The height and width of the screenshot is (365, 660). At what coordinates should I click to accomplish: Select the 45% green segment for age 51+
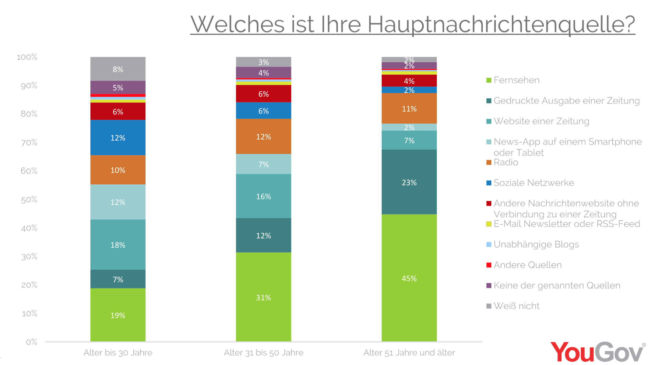(x=409, y=278)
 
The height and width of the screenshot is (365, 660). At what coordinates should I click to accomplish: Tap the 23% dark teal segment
(x=409, y=182)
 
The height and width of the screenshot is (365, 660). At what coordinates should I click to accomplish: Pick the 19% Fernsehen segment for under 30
(x=118, y=315)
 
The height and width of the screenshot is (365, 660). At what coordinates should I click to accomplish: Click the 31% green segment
(x=263, y=297)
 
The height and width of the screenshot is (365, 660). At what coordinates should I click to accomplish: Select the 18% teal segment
(x=118, y=244)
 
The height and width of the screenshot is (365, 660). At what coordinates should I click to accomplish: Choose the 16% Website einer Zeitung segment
(x=263, y=196)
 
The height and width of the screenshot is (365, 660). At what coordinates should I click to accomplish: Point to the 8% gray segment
(x=118, y=69)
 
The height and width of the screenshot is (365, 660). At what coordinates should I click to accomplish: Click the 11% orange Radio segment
(x=409, y=109)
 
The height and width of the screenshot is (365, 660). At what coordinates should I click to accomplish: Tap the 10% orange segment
(x=118, y=170)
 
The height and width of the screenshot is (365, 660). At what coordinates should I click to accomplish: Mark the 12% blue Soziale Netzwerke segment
(x=118, y=138)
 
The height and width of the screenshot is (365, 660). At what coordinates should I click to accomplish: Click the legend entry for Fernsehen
(x=516, y=80)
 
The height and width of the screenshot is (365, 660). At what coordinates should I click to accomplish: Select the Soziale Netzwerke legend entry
(x=533, y=183)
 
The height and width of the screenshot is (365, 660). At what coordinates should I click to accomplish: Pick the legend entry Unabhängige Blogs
(x=536, y=244)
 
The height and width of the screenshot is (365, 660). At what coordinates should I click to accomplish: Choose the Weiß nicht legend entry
(x=516, y=306)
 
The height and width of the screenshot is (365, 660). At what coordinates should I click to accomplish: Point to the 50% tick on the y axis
(x=29, y=200)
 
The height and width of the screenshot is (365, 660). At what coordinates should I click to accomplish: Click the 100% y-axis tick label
(x=27, y=57)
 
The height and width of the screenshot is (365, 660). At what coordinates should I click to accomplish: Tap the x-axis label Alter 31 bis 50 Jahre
(x=263, y=353)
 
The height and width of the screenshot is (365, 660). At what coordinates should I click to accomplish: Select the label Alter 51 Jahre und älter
(x=409, y=353)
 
